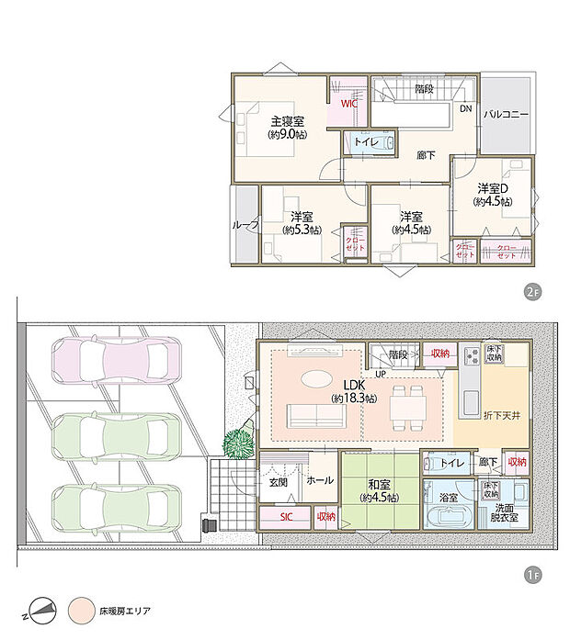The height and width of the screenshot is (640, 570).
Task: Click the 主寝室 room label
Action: pos(287,121)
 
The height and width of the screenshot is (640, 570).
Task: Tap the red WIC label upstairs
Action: pos(348,104)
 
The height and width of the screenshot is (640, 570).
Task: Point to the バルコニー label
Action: pos(505,115)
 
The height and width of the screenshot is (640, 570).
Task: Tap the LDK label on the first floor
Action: pos(354,386)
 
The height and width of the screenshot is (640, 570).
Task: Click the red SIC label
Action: pos(287,518)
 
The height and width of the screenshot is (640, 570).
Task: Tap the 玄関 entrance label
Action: pos(279,480)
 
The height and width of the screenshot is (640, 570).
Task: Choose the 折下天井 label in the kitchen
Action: pos(502,416)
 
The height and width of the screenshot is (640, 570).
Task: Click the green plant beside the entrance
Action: pos(238,442)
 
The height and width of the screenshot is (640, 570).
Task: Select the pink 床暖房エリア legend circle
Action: pos(81,610)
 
